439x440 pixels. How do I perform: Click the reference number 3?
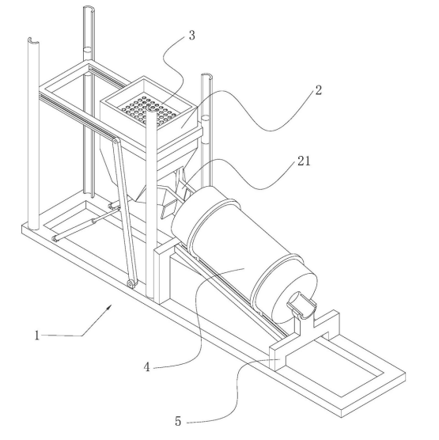tap(192, 36)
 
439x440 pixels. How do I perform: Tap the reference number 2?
tap(318, 90)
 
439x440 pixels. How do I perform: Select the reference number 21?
tap(304, 161)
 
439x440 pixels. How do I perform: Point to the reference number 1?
tap(36, 336)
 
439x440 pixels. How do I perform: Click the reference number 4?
tap(146, 367)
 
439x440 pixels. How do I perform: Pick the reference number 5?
tap(178, 422)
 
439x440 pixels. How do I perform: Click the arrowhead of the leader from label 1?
tap(109, 308)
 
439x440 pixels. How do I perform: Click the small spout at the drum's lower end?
tap(301, 305)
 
